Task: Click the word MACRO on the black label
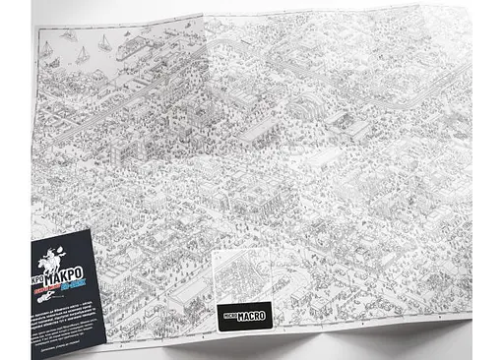click(249, 317)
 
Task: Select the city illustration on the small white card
click(240, 276)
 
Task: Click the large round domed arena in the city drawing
click(303, 105)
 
